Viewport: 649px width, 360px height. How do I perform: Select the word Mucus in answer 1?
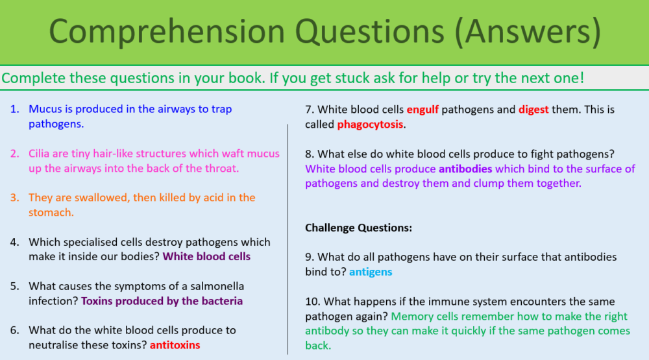point(45,109)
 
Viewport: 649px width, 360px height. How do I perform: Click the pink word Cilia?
point(41,154)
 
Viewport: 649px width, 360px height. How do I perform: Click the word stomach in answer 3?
point(51,212)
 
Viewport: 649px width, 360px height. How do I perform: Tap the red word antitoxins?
point(175,345)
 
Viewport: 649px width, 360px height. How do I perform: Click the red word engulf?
point(422,110)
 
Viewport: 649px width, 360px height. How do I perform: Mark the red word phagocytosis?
point(370,124)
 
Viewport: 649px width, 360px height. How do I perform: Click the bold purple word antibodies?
point(465,169)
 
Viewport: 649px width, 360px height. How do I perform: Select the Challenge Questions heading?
point(359,228)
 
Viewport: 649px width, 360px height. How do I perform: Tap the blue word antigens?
point(371,272)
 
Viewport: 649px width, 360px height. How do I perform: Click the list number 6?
point(14,331)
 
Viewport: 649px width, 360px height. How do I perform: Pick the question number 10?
point(312,302)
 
